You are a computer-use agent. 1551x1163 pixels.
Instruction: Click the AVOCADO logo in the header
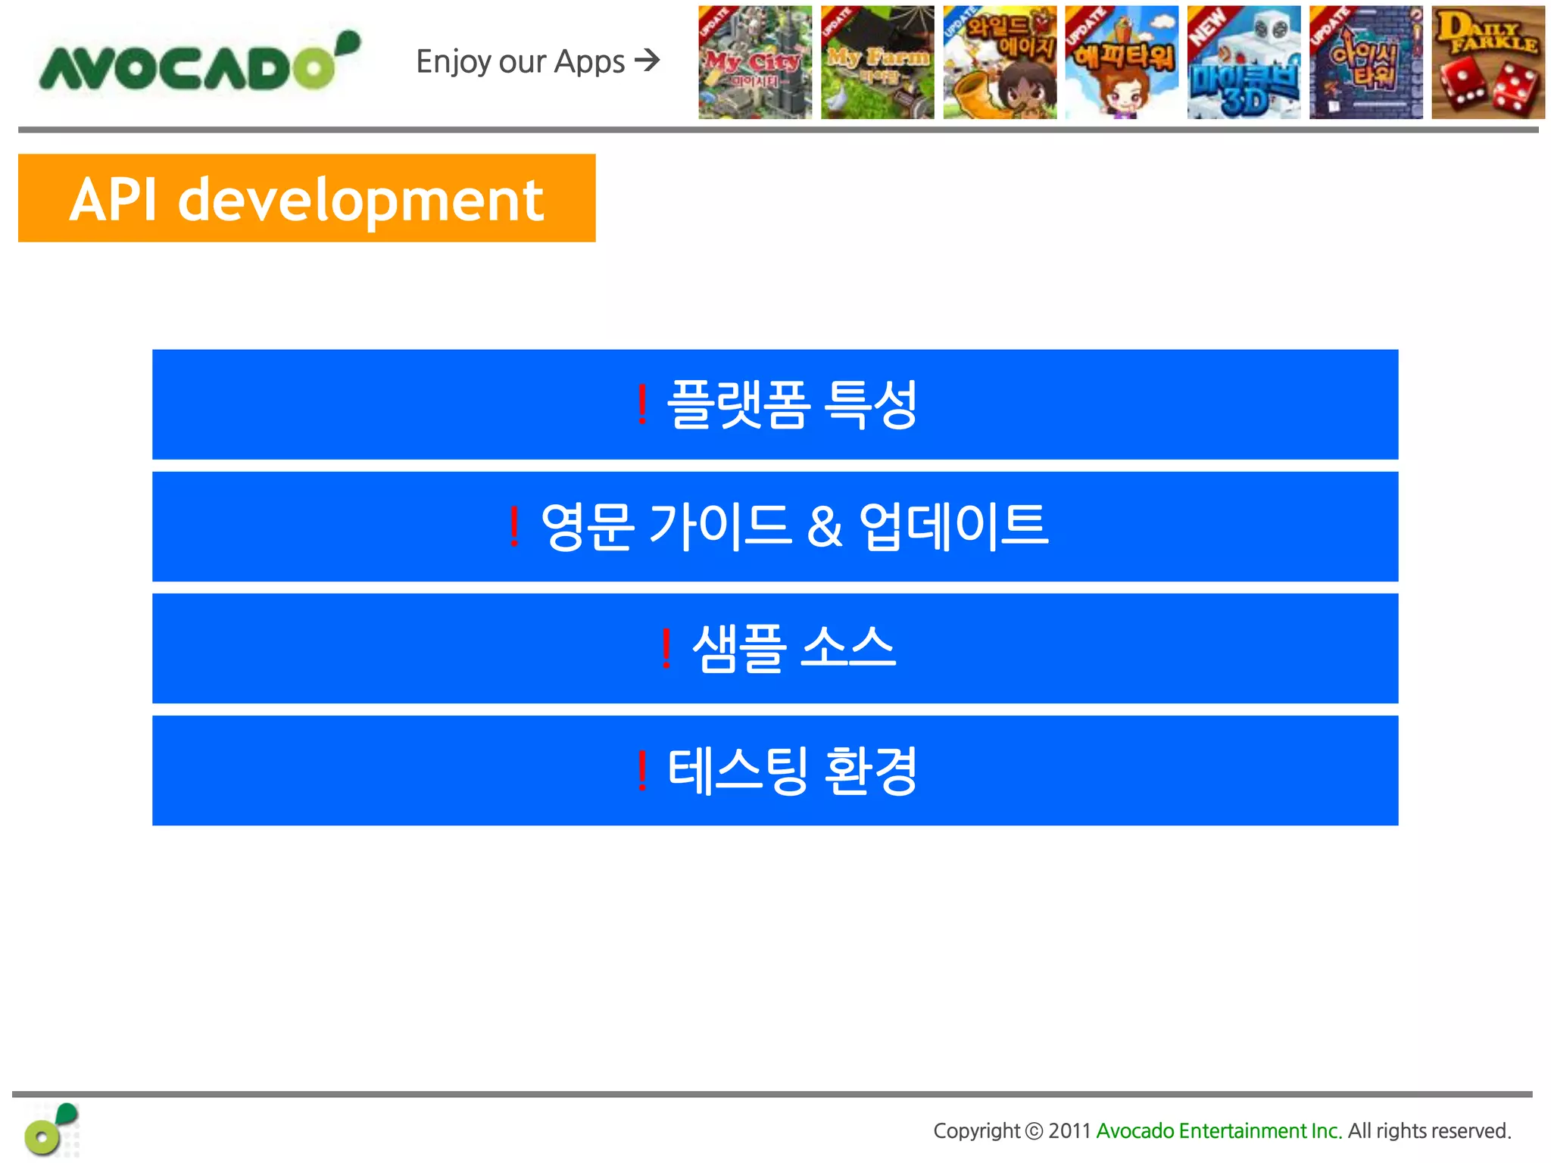(x=198, y=64)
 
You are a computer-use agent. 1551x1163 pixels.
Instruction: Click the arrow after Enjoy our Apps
(x=648, y=60)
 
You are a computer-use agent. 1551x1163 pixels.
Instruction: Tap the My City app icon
(x=755, y=63)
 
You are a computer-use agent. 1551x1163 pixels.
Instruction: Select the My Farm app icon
(x=877, y=63)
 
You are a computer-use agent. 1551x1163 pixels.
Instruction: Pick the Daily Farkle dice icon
(x=1487, y=63)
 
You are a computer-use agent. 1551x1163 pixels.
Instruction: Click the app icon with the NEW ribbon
(x=1244, y=63)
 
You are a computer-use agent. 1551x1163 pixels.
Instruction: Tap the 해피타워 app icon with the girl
(x=1122, y=63)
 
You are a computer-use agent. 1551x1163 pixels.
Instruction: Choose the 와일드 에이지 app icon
(x=1000, y=63)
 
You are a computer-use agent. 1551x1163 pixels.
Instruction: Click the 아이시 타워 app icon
(x=1365, y=63)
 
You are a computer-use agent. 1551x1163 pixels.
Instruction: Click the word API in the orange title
(x=114, y=200)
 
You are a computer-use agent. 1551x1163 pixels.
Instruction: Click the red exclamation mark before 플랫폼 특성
(x=642, y=404)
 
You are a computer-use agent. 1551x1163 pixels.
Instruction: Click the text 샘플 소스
(x=794, y=648)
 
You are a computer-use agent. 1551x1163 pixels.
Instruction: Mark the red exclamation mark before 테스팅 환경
(x=642, y=771)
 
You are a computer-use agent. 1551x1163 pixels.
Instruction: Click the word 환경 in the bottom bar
(x=871, y=771)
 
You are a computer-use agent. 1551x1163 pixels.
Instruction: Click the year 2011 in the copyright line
(x=1069, y=1131)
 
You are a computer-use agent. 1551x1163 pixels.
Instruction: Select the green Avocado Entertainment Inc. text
(x=1219, y=1131)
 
